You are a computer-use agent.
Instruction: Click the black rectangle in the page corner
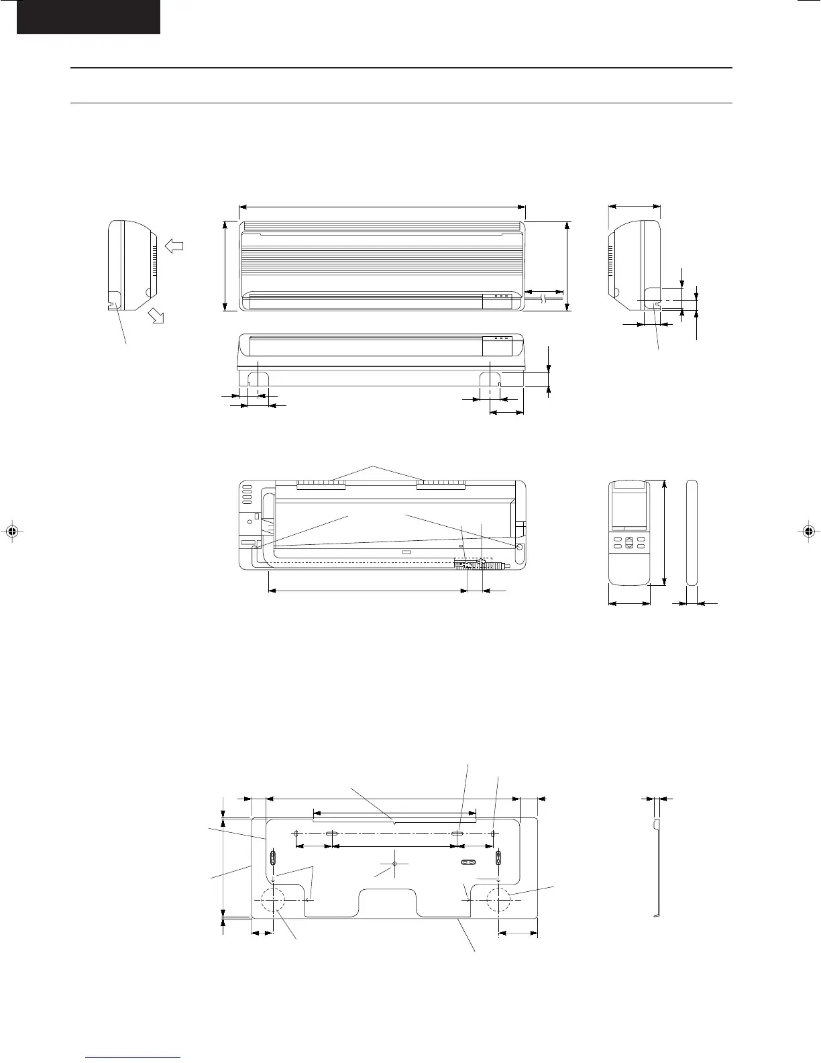(88, 17)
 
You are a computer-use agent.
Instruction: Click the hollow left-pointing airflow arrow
(174, 246)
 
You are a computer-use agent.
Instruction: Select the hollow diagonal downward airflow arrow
(156, 316)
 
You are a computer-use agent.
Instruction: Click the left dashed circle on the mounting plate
(273, 900)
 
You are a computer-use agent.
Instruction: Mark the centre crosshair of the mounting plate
(394, 864)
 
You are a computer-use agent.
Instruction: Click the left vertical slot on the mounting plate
(273, 858)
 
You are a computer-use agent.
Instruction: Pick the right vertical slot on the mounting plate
(498, 858)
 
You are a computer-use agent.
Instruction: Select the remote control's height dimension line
(664, 532)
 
